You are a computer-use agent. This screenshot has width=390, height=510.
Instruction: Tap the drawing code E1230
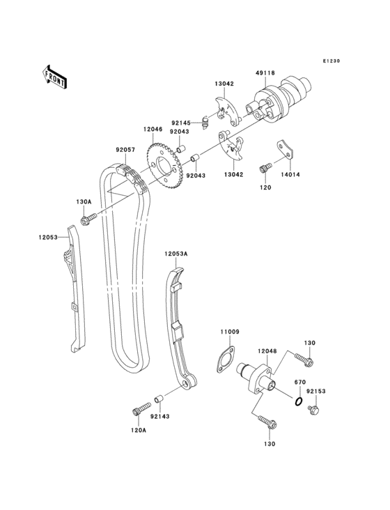tap(331, 61)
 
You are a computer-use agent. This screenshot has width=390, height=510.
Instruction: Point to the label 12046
tap(153, 129)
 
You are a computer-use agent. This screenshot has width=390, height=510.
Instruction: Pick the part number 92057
tap(125, 148)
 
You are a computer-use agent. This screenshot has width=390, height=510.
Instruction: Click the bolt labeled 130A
tap(86, 221)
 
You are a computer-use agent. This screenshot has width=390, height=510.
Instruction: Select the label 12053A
tap(176, 254)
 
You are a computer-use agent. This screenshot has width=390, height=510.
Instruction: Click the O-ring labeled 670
tap(297, 402)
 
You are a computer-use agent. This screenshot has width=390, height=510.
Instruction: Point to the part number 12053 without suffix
tap(49, 238)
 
